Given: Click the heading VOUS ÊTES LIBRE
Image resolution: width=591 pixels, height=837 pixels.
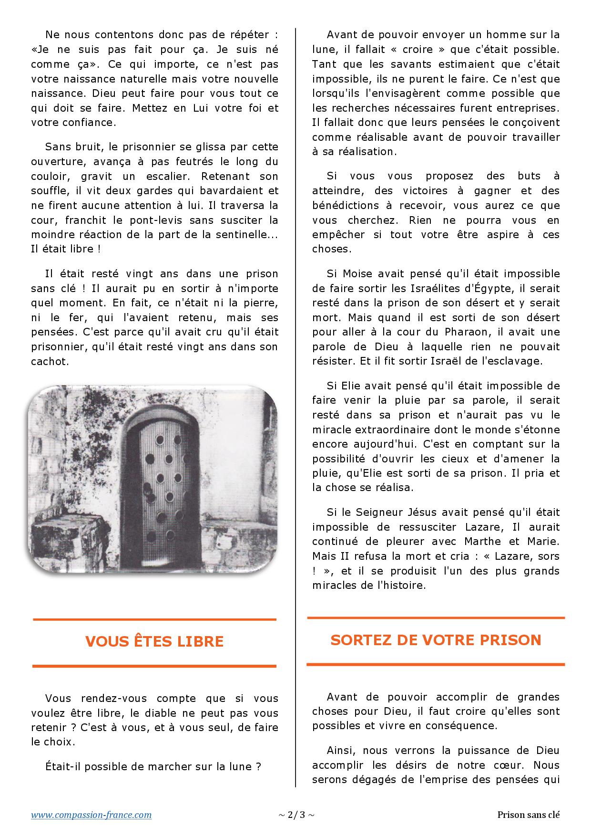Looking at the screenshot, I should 154,641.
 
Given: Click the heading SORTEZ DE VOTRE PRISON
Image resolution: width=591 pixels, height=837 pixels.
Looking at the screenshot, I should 436,639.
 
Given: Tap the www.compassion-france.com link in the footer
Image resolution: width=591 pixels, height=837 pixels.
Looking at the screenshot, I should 92,815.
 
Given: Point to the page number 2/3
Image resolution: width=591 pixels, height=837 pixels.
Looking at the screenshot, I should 296,815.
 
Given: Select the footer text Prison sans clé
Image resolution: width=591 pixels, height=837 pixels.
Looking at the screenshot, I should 528,815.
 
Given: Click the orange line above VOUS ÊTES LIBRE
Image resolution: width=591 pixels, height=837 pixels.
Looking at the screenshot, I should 154,619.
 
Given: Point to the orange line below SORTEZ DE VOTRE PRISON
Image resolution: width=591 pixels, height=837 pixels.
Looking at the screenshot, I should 436,664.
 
